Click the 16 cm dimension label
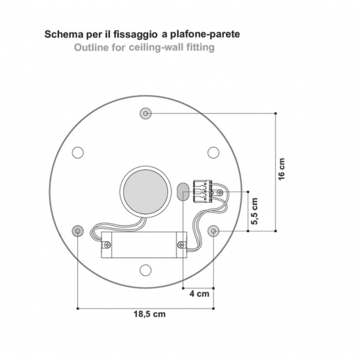(x=281, y=169)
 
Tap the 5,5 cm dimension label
(x=254, y=211)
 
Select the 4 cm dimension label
(x=199, y=293)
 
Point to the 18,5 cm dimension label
(x=149, y=314)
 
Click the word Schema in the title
(x=64, y=34)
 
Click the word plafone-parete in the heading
(x=205, y=34)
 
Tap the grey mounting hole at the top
(x=146, y=113)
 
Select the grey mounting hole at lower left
(x=78, y=231)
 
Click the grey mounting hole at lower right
(x=214, y=231)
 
